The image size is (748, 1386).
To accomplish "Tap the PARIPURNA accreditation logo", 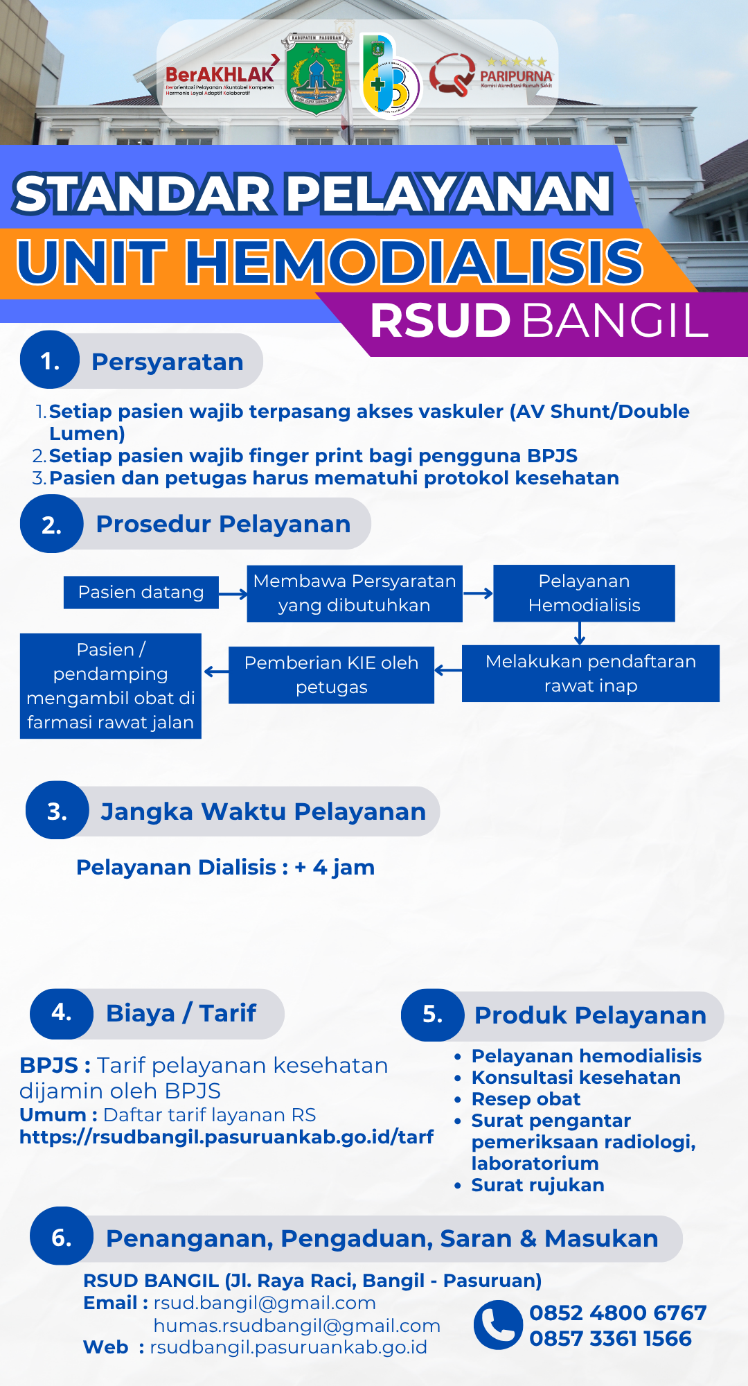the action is (491, 75).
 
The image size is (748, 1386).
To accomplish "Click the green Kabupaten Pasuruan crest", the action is (317, 74).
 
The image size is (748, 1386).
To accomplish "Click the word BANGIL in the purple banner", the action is (615, 321).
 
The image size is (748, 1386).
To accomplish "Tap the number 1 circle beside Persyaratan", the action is (51, 361).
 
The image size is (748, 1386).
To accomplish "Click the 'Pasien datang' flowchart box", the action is (141, 593).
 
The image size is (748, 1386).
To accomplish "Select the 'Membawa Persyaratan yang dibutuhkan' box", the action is (355, 593).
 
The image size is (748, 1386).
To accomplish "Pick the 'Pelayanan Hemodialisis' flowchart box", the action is (584, 593).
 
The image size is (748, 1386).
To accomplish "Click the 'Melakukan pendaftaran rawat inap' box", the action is (591, 674).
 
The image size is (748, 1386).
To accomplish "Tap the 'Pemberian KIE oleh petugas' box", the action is (332, 675).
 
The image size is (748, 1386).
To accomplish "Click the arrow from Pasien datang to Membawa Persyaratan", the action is (233, 594).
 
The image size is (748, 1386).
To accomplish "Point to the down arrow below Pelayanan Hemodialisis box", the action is (580, 633).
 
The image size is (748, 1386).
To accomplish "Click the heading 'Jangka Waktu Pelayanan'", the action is (263, 812).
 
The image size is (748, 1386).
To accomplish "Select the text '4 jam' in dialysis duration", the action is (344, 867).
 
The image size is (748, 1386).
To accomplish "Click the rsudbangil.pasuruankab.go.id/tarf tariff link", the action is (226, 1137).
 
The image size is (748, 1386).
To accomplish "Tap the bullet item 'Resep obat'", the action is (526, 1099).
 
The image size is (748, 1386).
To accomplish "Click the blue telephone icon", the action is (498, 1325).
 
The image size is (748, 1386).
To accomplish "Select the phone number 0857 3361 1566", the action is (610, 1338).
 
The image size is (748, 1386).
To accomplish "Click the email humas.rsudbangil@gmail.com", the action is (297, 1326).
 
